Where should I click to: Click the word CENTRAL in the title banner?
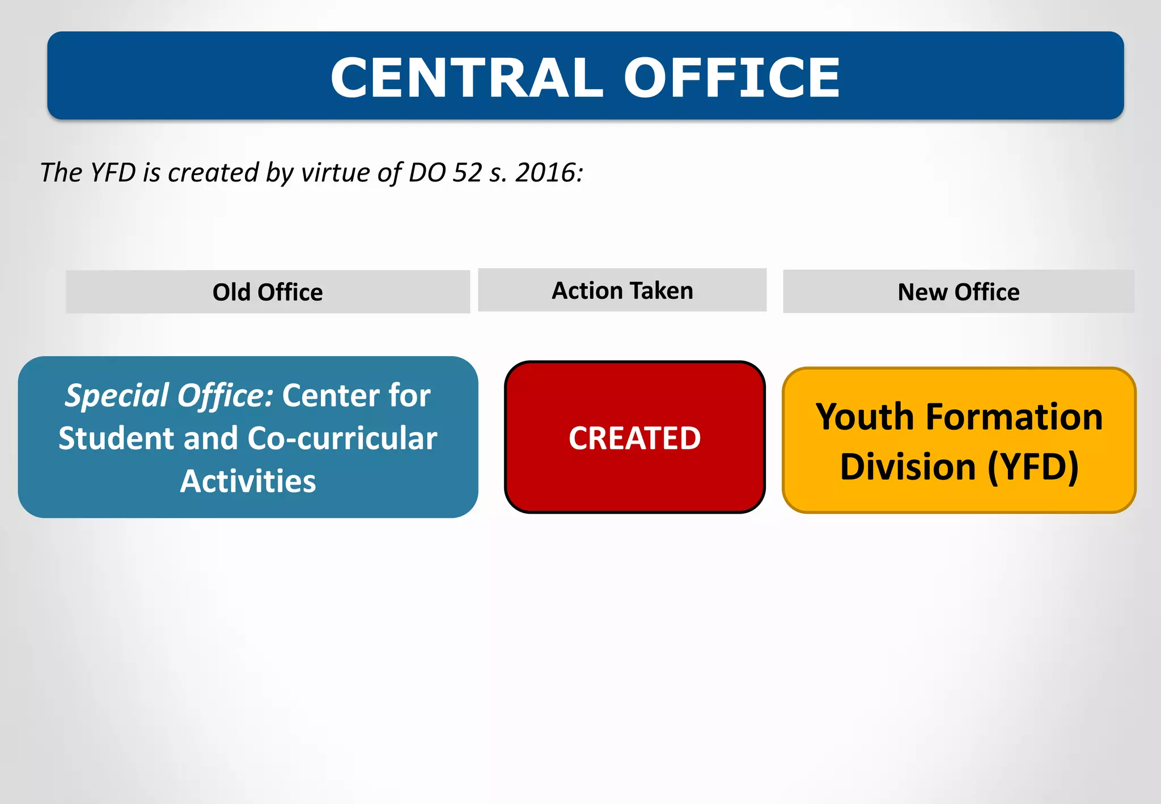[x=467, y=78]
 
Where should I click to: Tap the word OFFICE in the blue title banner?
[x=731, y=78]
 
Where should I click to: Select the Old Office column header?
[x=268, y=293]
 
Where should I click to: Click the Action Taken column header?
[x=622, y=291]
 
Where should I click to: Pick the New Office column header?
[x=959, y=293]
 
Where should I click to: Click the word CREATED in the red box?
[x=635, y=438]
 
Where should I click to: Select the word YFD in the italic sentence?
[x=113, y=173]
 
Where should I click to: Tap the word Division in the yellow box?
[x=908, y=467]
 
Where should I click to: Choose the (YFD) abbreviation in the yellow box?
[x=1033, y=467]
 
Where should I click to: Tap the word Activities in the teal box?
[x=248, y=481]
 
